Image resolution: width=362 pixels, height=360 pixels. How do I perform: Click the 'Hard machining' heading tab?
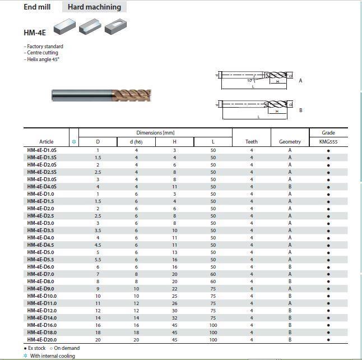pyautogui.click(x=94, y=7)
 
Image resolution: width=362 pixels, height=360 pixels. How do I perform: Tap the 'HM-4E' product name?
pyautogui.click(x=35, y=33)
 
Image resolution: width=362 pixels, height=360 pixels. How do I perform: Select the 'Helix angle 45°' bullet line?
pyautogui.click(x=42, y=59)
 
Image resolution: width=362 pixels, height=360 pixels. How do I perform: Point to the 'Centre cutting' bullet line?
pyautogui.click(x=42, y=53)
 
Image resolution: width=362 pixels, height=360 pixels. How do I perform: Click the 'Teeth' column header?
pyautogui.click(x=252, y=142)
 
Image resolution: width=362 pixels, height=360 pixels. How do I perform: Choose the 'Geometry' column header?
pyautogui.click(x=290, y=142)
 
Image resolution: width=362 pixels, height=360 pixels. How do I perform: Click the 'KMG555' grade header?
pyautogui.click(x=328, y=142)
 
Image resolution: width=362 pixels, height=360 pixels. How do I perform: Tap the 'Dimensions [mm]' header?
pyautogui.click(x=155, y=133)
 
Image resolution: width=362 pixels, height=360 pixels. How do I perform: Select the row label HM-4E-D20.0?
pyautogui.click(x=42, y=340)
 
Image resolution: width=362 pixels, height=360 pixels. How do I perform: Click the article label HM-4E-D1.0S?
pyautogui.click(x=42, y=150)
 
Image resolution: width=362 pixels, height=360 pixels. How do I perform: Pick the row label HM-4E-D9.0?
pyautogui.click(x=41, y=289)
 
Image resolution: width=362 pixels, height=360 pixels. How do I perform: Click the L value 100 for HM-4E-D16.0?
pyautogui.click(x=213, y=325)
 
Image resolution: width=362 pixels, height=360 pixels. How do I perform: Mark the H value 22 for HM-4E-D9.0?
pyautogui.click(x=174, y=289)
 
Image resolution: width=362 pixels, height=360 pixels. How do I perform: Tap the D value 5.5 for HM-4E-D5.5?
pyautogui.click(x=98, y=260)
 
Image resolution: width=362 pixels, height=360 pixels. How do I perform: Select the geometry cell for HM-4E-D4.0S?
pyautogui.click(x=290, y=187)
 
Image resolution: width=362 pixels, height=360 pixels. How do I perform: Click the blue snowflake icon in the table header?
pyautogui.click(x=74, y=142)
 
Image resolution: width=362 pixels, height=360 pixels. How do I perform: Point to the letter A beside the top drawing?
pyautogui.click(x=301, y=81)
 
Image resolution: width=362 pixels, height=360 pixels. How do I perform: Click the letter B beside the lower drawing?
pyautogui.click(x=301, y=110)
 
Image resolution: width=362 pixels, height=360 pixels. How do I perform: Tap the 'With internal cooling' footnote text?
pyautogui.click(x=52, y=356)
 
